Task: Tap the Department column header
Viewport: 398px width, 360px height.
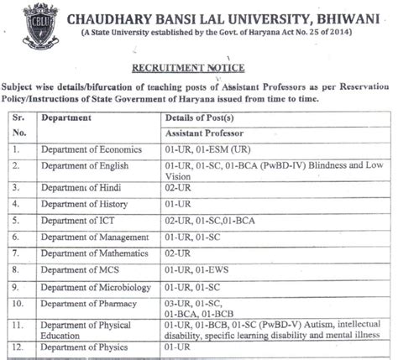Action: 66,118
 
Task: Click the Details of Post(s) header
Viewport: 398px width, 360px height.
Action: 201,118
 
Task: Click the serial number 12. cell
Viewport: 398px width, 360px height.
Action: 19,347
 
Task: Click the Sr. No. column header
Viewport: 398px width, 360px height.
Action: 19,125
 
